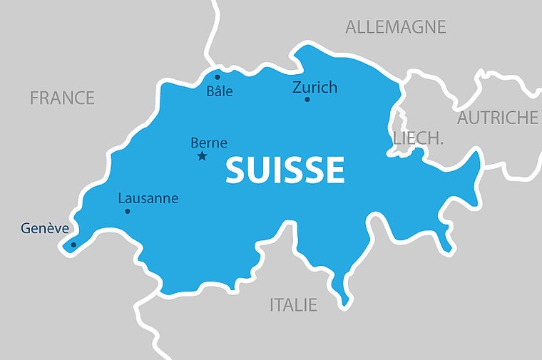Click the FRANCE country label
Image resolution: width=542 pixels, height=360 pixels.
62,98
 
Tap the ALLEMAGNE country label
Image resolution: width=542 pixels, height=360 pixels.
395,27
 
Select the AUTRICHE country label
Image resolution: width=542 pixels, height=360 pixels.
497,118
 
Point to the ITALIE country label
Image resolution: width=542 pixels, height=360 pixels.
293,305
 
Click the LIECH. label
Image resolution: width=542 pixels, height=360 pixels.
418,138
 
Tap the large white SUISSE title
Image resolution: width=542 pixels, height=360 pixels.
285,170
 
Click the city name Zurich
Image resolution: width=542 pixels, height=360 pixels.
315,87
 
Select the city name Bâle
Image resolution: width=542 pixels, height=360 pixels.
220,91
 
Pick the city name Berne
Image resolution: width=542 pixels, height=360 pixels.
209,143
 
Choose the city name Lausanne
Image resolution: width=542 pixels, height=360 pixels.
148,198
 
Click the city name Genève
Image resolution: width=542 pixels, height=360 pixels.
45,229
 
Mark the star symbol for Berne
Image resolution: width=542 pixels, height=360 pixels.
202,156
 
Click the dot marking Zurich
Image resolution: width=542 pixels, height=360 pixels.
307,99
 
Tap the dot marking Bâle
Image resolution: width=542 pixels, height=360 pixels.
218,77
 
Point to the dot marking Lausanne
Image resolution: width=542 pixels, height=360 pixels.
128,211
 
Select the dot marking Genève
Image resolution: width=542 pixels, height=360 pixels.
73,245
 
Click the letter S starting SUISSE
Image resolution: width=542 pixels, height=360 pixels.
237,170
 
